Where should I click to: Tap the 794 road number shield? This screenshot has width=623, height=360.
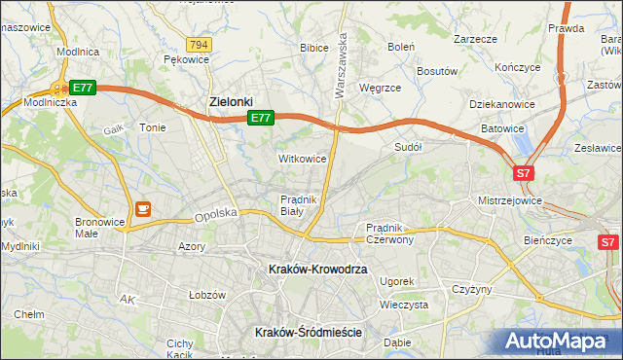click(200, 45)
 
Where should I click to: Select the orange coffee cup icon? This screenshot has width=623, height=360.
click(143, 207)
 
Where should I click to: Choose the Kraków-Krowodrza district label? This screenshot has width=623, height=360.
click(318, 269)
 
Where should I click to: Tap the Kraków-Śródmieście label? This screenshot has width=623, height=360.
click(308, 332)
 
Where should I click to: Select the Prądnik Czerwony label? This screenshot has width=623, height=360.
click(390, 233)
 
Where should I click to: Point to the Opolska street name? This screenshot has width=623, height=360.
click(216, 214)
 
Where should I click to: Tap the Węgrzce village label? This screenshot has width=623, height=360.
click(381, 87)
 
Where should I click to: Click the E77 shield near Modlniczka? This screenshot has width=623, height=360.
click(82, 88)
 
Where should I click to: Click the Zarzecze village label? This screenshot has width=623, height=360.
click(475, 39)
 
